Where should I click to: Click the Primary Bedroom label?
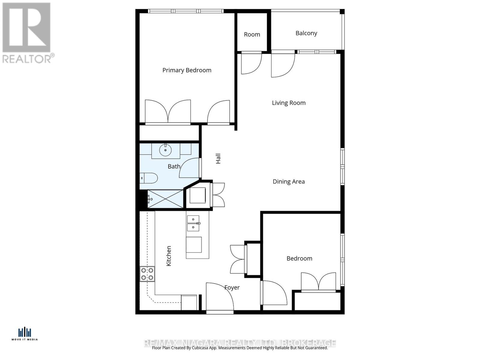click(187, 70)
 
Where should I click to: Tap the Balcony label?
click(306, 33)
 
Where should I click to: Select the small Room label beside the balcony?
click(252, 34)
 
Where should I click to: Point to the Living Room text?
click(289, 103)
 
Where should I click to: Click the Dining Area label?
click(289, 181)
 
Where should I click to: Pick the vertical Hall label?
click(218, 158)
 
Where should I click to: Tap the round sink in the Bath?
click(165, 150)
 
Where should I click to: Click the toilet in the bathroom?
click(149, 178)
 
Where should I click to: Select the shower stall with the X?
click(165, 199)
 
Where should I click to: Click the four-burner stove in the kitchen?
click(147, 274)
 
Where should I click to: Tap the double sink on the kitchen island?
click(193, 223)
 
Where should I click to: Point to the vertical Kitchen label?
click(169, 256)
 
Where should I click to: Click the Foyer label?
click(232, 287)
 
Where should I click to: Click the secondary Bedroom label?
click(299, 258)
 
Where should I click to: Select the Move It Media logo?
click(25, 334)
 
